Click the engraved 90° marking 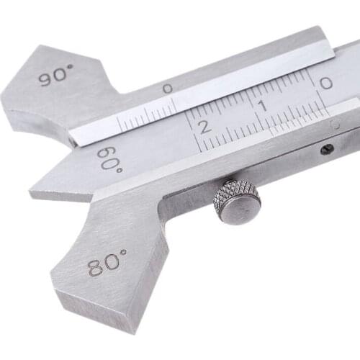[x=57, y=76]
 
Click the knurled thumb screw [x=237, y=202]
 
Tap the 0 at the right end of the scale [x=325, y=84]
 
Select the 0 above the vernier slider [x=167, y=89]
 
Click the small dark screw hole [x=328, y=149]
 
